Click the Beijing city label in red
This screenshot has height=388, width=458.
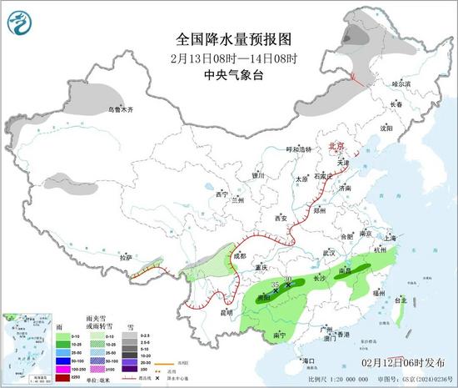(336, 144)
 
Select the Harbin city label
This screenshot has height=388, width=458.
(401, 83)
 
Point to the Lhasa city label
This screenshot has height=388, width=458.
(126, 258)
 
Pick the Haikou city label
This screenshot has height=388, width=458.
(311, 360)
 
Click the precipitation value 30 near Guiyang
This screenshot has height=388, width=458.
(288, 279)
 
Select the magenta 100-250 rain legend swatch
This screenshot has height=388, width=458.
(62, 368)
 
